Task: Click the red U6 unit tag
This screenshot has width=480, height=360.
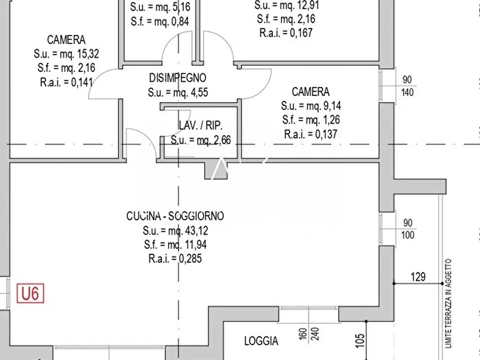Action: (30, 293)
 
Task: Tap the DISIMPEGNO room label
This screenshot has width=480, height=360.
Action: (178, 77)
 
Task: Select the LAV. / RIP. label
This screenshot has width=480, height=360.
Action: (200, 125)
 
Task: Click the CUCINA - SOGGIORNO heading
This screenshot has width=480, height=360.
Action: (175, 216)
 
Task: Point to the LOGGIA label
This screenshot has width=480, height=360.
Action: (261, 341)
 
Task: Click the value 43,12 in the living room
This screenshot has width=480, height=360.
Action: (196, 230)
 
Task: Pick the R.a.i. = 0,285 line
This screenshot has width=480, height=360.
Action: (175, 259)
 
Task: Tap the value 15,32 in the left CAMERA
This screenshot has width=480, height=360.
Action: (88, 54)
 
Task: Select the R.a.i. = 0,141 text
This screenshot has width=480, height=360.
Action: (66, 82)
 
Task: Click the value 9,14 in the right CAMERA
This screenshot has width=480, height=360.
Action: (332, 106)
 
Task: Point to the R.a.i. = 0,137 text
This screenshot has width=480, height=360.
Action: (311, 134)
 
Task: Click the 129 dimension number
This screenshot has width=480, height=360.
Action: (418, 277)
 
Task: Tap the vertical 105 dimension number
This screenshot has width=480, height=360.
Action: (360, 341)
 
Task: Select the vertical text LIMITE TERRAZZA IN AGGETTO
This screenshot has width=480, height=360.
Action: (448, 304)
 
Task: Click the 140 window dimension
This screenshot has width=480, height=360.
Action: (407, 92)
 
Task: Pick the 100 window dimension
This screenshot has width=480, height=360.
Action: (407, 235)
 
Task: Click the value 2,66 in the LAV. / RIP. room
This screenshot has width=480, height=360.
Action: (221, 140)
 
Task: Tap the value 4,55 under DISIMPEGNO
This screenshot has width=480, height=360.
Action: (199, 92)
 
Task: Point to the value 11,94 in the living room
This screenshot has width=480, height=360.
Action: (196, 245)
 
